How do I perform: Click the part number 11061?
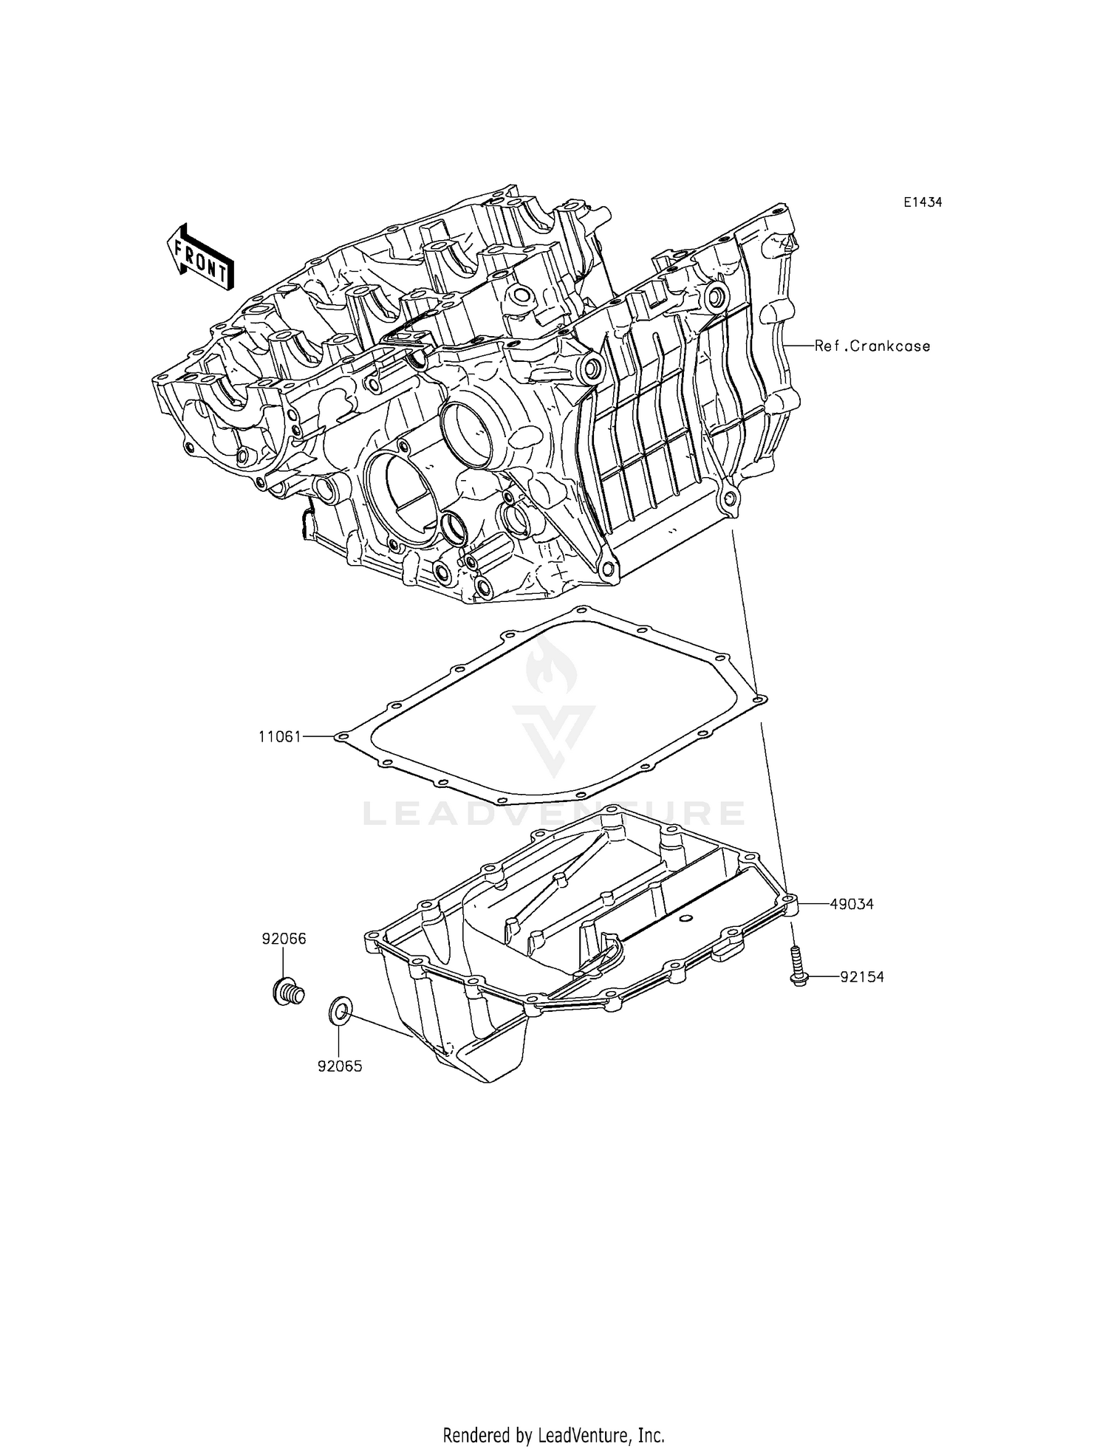[x=279, y=736]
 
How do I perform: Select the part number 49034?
[x=852, y=903]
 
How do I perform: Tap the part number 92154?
[x=862, y=977]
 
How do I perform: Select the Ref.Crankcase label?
[x=872, y=346]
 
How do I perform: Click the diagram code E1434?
[x=921, y=202]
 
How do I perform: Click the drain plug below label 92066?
[x=286, y=989]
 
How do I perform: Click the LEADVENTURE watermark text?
[x=554, y=813]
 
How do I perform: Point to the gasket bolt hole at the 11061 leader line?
[x=341, y=736]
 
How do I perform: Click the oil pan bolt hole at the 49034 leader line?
[x=789, y=900]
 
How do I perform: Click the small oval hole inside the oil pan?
[x=687, y=918]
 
